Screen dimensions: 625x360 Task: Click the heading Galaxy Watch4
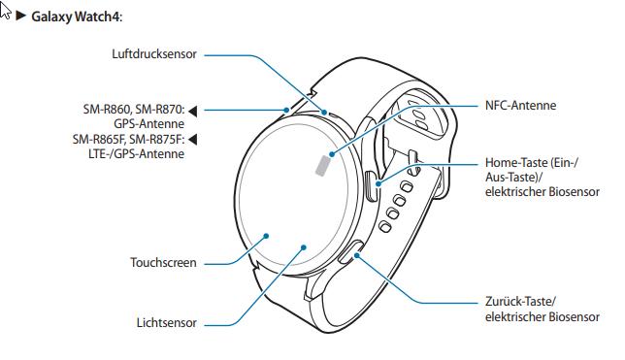pos(77,16)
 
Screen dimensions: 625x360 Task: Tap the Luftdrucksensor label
pos(154,53)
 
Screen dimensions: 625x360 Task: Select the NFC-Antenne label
pos(520,105)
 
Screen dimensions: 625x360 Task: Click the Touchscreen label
pos(163,262)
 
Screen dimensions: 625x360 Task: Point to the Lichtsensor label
pos(167,322)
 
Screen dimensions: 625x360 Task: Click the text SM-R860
pos(107,110)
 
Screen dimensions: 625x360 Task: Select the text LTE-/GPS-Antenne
pos(136,154)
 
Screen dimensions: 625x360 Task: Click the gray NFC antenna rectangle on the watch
pos(323,166)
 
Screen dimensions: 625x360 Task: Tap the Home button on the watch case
pos(372,186)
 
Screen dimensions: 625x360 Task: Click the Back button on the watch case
pos(350,252)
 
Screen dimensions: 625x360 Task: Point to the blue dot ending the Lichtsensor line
pos(304,247)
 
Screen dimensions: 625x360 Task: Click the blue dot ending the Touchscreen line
pos(267,236)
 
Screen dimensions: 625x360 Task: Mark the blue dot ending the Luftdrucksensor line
pos(324,113)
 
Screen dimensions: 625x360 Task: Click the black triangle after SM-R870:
pos(193,111)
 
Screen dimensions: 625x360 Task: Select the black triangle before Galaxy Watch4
pos(20,16)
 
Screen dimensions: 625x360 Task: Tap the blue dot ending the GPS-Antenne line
pos(286,110)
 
